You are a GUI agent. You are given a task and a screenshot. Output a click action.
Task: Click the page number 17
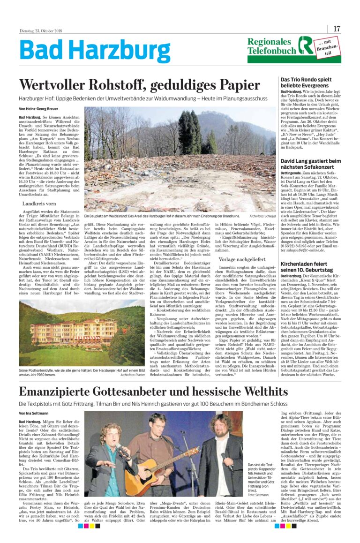coord(337,29)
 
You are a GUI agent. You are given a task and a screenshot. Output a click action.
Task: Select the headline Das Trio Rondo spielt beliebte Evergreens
coord(306,83)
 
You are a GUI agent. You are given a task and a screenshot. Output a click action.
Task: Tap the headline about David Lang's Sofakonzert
coord(310,164)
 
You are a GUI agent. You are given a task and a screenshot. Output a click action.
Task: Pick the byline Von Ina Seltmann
coord(34,413)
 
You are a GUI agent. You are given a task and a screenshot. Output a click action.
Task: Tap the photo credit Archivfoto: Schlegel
coord(263,216)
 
